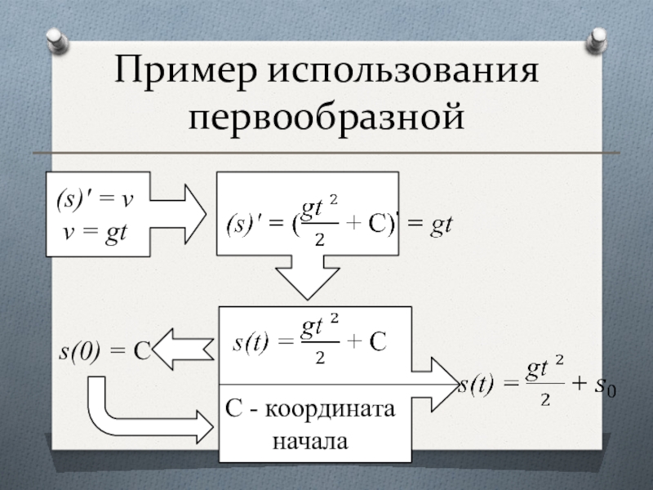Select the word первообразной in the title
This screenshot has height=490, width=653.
point(326,118)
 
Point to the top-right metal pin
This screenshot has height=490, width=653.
point(597,39)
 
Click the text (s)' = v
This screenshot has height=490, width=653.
point(96,198)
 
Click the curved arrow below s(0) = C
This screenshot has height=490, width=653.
point(131,412)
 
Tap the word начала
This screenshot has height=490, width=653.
point(313,442)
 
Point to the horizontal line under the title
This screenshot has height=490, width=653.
point(326,153)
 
